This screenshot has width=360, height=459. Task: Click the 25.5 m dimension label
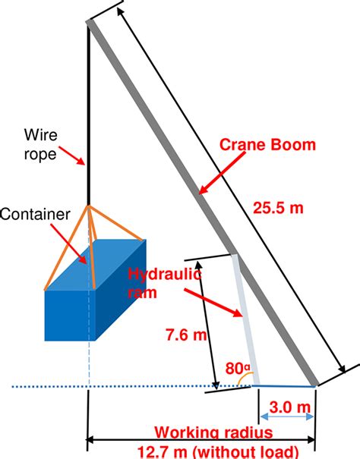(x=278, y=208)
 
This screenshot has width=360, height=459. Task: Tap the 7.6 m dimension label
(x=186, y=335)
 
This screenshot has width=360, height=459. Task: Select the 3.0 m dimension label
(x=289, y=407)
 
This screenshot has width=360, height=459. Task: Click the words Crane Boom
(x=267, y=145)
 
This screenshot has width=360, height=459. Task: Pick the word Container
(x=35, y=214)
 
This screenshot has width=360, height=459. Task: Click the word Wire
(x=40, y=134)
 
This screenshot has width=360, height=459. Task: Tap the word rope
(x=39, y=154)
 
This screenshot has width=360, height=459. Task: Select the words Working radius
(x=213, y=432)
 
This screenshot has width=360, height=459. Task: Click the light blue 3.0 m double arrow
(x=287, y=417)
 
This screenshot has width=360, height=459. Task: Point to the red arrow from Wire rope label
(x=72, y=156)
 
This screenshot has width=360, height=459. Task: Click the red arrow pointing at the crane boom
(x=222, y=173)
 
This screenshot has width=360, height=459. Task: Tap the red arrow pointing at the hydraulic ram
(x=213, y=303)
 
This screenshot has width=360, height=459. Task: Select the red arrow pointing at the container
(x=68, y=244)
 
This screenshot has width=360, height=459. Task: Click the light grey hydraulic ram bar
(x=245, y=319)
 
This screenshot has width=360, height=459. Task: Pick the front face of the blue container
(x=70, y=316)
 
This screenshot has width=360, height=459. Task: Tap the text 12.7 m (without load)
(x=217, y=452)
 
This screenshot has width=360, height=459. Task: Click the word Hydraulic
(x=165, y=275)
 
